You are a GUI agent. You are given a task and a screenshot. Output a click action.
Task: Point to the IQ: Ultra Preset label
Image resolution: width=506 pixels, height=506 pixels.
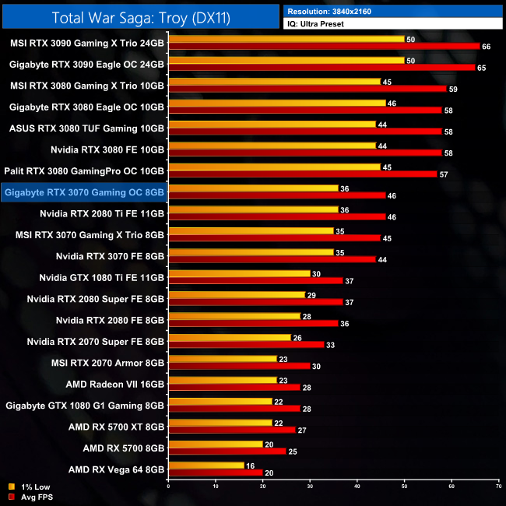[x=315, y=24]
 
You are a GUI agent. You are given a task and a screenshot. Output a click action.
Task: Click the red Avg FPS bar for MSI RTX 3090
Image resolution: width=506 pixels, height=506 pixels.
[x=324, y=46]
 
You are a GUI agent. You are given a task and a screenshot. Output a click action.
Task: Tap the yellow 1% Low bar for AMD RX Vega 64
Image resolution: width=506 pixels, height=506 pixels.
[x=206, y=465]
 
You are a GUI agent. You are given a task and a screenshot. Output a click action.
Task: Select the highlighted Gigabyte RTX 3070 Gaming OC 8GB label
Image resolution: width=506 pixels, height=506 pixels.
[x=84, y=191]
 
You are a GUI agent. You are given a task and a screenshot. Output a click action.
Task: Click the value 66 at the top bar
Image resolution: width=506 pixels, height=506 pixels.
[x=487, y=47]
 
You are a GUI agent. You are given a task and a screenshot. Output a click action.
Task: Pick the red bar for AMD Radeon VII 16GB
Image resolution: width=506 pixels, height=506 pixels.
[x=234, y=387]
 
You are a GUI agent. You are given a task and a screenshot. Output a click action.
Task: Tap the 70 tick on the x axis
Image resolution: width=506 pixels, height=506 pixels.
[x=498, y=487]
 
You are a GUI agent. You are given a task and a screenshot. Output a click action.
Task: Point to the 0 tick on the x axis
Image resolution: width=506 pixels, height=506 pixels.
[x=168, y=487]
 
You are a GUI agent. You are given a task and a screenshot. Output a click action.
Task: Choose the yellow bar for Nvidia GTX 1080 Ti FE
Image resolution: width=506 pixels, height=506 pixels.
[x=239, y=273]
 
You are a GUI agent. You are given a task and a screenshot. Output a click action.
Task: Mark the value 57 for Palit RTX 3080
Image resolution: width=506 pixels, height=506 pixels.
[x=444, y=174]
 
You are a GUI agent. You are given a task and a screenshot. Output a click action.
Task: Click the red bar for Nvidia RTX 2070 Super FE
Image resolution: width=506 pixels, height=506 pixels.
[x=246, y=344]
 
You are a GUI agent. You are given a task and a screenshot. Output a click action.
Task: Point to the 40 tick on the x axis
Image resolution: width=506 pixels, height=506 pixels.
[x=357, y=487]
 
